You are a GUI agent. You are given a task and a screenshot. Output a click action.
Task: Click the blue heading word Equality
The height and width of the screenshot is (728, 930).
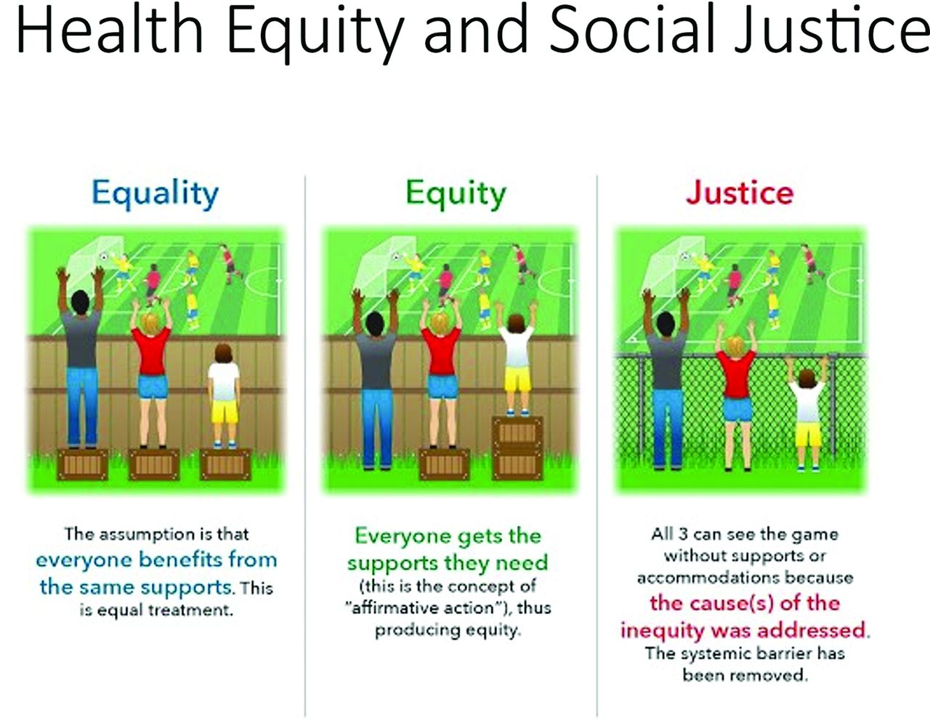[x=155, y=194]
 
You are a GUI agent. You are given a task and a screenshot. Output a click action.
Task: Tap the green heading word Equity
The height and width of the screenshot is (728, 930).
[x=456, y=194]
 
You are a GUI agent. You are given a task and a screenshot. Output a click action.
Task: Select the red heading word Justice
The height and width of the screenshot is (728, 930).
[x=740, y=193]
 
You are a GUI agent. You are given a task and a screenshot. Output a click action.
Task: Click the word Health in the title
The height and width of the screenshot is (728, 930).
[x=110, y=29]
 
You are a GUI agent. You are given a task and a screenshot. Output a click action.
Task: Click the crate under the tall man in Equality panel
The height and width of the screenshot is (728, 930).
[x=83, y=464]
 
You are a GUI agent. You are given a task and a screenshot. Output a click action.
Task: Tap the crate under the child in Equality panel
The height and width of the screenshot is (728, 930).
[x=225, y=464]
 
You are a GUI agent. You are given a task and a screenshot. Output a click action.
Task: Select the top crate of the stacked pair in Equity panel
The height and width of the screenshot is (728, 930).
[x=517, y=432]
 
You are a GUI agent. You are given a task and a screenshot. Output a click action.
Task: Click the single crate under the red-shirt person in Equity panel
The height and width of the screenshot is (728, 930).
[x=444, y=464]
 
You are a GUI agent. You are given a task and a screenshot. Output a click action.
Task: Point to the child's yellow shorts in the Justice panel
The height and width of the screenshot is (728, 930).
[x=809, y=434]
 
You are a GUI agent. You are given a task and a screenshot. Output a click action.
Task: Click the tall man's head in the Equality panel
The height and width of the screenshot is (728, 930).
[x=80, y=302]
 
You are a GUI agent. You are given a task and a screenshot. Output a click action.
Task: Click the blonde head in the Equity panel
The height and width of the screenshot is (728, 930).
[x=439, y=324]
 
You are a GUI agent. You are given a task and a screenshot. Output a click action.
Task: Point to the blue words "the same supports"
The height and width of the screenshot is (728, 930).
[x=137, y=587]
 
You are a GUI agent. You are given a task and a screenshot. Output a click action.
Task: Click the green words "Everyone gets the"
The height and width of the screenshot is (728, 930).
[x=448, y=535]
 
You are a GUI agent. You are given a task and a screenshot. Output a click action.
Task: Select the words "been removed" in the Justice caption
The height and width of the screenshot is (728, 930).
[x=745, y=675]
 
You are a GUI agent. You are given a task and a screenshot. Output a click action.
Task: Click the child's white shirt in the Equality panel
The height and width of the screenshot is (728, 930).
[x=223, y=381]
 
